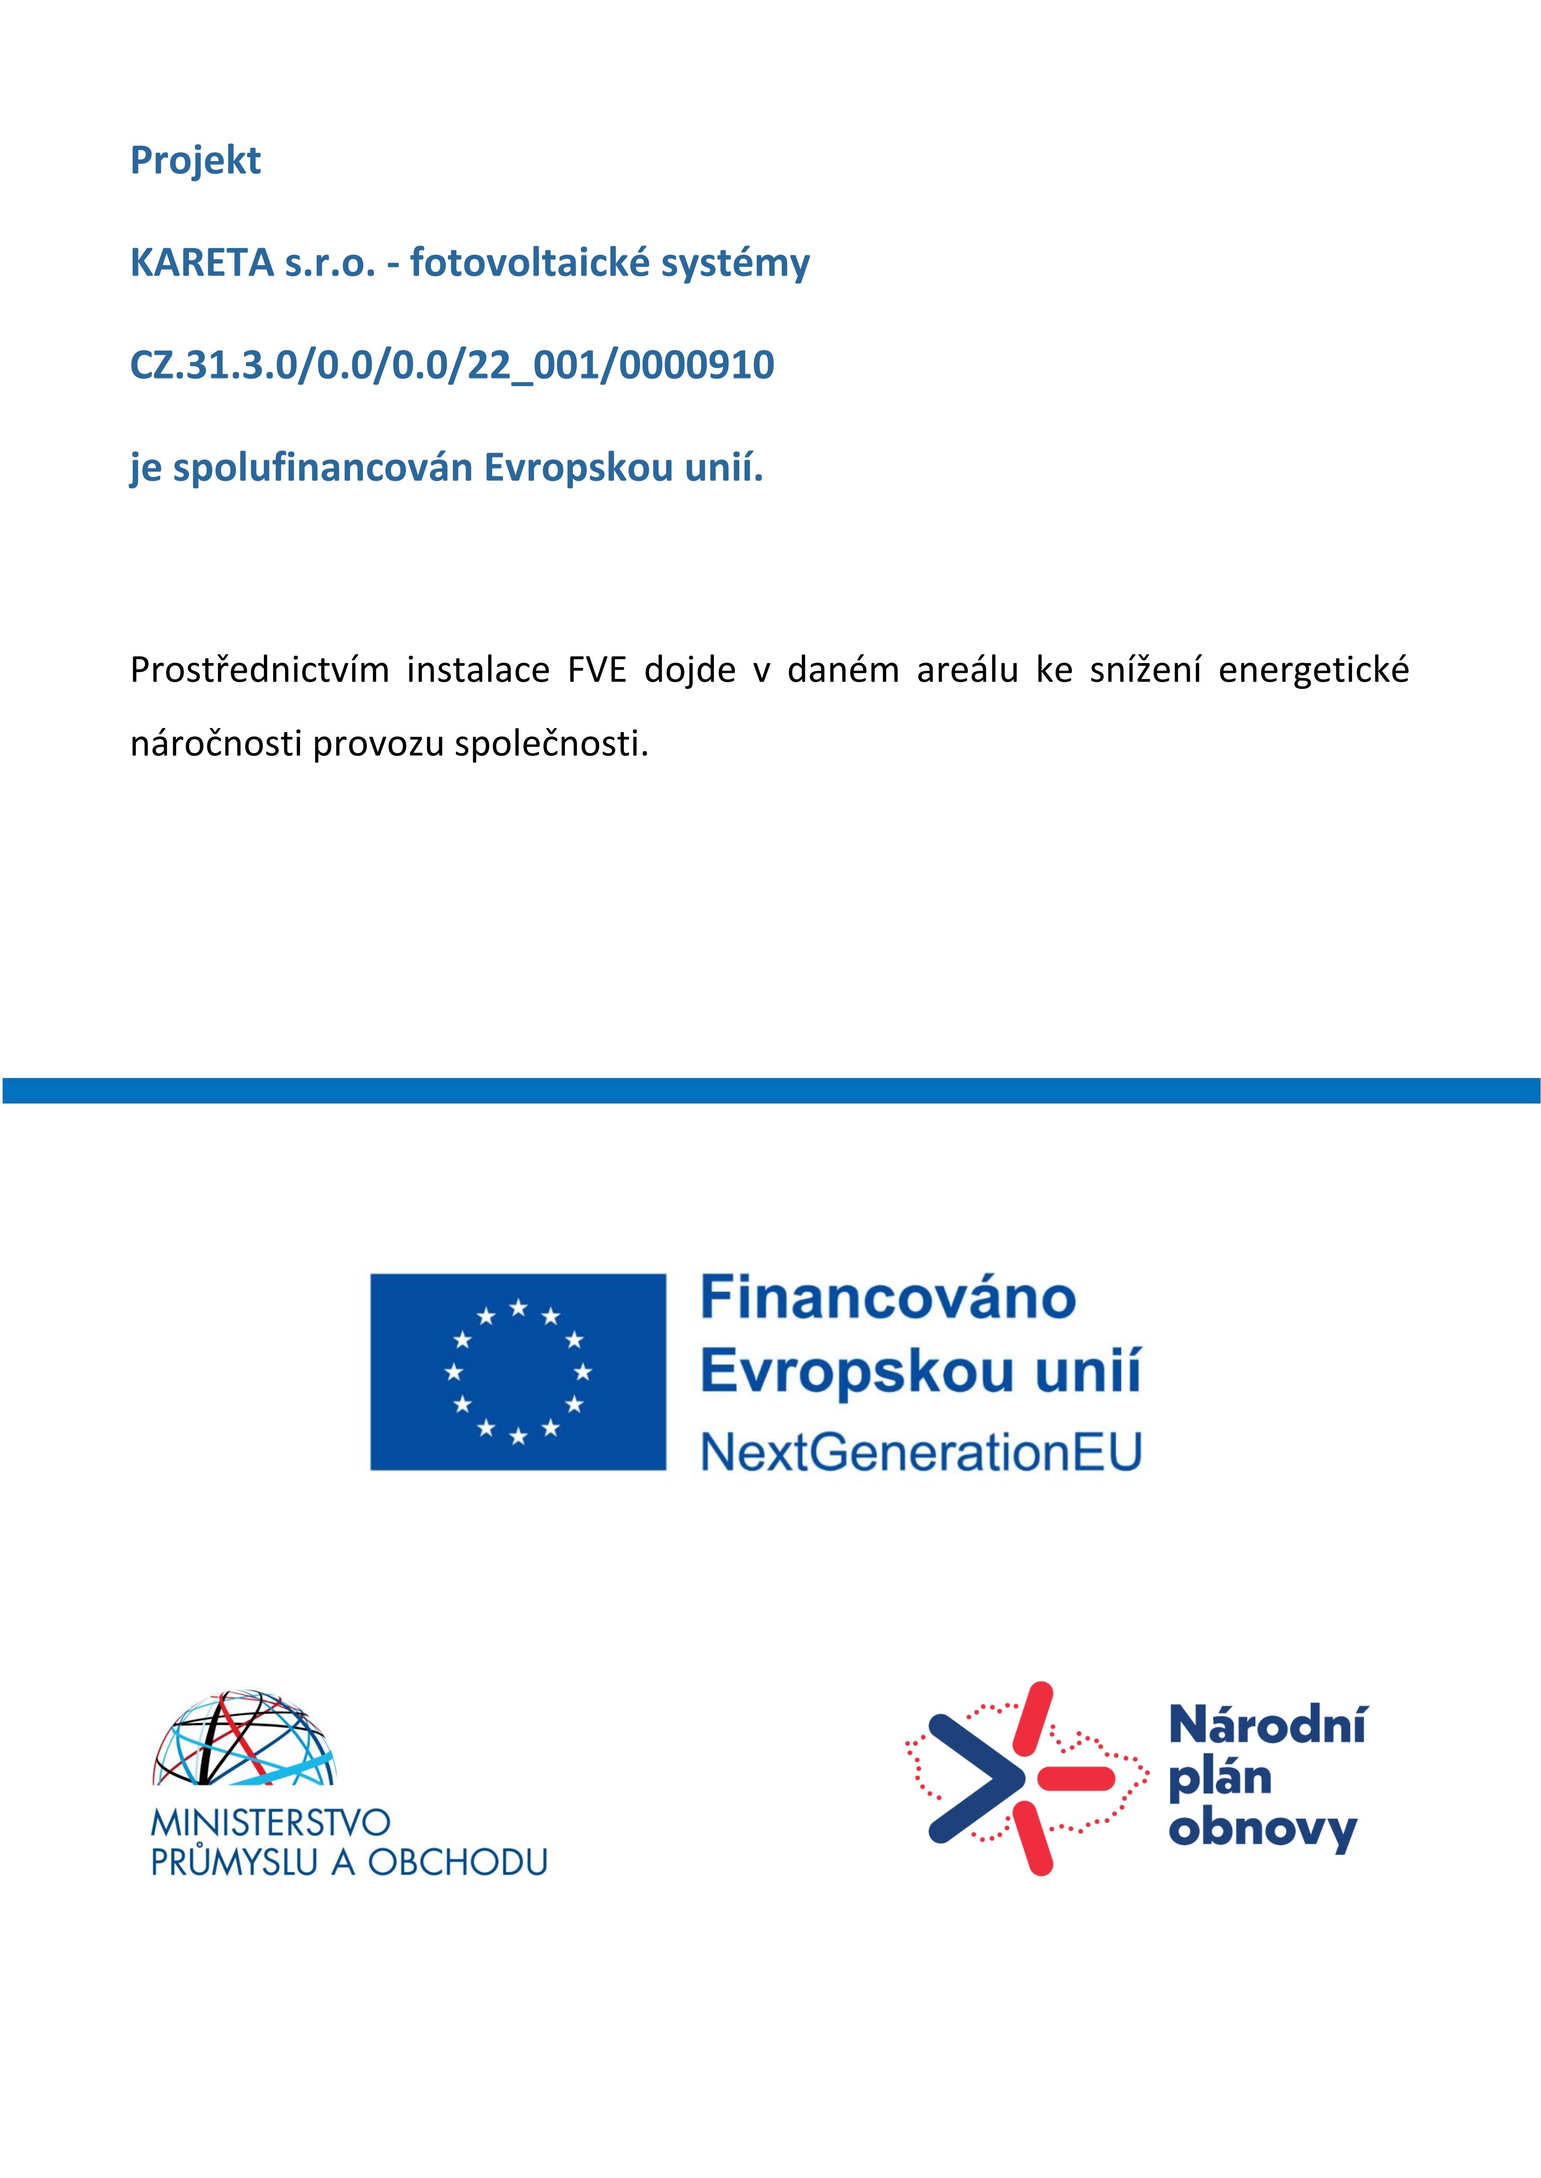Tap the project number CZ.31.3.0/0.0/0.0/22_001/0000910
click(x=452, y=365)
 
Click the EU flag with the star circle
click(x=518, y=1372)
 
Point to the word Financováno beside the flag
click(x=888, y=1298)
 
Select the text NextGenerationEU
click(x=920, y=1451)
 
